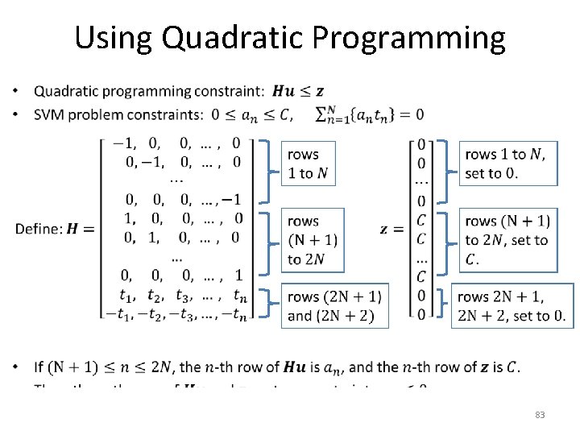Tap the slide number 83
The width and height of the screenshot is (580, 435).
tap(540, 415)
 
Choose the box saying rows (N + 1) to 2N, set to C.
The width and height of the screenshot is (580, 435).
tap(507, 239)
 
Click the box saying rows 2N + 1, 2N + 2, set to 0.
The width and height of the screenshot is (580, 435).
tap(512, 305)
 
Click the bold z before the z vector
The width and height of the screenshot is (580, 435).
tap(385, 229)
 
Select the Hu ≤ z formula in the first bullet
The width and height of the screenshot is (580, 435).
tap(299, 91)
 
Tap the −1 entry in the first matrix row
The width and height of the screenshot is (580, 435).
tap(123, 143)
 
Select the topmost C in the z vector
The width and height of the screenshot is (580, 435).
tap(421, 220)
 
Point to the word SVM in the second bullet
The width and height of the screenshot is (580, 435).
tap(49, 114)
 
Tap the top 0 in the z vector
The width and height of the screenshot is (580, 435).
tap(421, 145)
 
